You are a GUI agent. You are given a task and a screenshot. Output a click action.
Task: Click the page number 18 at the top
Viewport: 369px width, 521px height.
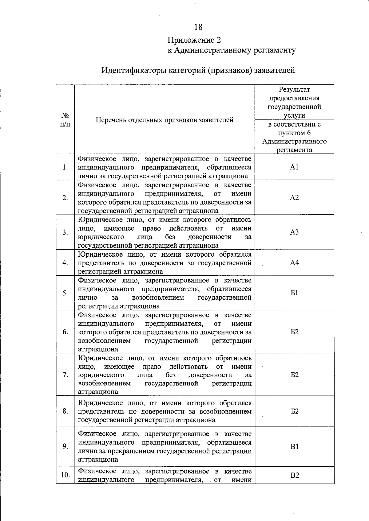[198, 27]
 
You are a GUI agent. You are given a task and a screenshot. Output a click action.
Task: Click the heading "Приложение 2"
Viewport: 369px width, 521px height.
[194, 40]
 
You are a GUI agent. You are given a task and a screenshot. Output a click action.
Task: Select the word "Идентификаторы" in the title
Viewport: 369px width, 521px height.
[134, 70]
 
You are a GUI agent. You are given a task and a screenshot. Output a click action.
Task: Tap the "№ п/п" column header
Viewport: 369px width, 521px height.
[65, 120]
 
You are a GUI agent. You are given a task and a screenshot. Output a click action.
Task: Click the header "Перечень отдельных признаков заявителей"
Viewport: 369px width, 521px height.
[165, 120]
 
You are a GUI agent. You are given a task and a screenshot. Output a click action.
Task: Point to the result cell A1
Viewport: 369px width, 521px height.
[294, 167]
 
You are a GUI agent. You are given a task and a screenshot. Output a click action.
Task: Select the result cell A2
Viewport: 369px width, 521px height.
[294, 197]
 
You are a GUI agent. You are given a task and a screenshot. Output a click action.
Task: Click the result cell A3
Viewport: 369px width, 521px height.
[294, 232]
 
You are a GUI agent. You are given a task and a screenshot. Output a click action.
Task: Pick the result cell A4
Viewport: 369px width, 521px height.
[294, 262]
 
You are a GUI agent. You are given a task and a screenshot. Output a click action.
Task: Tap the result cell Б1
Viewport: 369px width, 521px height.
[294, 293]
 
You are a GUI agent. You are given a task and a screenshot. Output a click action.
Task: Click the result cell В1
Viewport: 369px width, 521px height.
[294, 447]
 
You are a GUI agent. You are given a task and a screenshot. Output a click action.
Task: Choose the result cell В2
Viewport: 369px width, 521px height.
[294, 475]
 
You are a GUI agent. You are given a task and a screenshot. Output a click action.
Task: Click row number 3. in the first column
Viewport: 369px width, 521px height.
[65, 232]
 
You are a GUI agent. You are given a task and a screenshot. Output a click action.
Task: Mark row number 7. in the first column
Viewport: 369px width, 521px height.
[65, 375]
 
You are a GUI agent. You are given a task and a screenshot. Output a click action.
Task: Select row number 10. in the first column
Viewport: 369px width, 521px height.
[65, 475]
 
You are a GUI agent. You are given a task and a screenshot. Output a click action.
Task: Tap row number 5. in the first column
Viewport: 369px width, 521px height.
[65, 293]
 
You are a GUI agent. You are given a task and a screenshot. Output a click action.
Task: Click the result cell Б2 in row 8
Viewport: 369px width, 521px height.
[294, 411]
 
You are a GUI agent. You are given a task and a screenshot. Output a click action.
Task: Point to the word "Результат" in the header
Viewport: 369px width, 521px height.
[294, 90]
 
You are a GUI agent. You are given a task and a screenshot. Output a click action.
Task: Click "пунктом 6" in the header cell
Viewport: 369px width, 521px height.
[294, 133]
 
